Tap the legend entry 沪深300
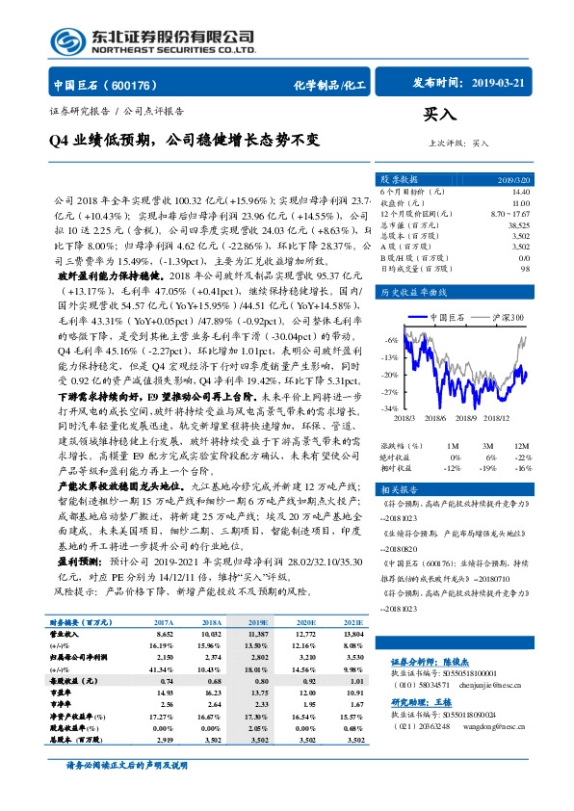504,315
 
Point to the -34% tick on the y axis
390,408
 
